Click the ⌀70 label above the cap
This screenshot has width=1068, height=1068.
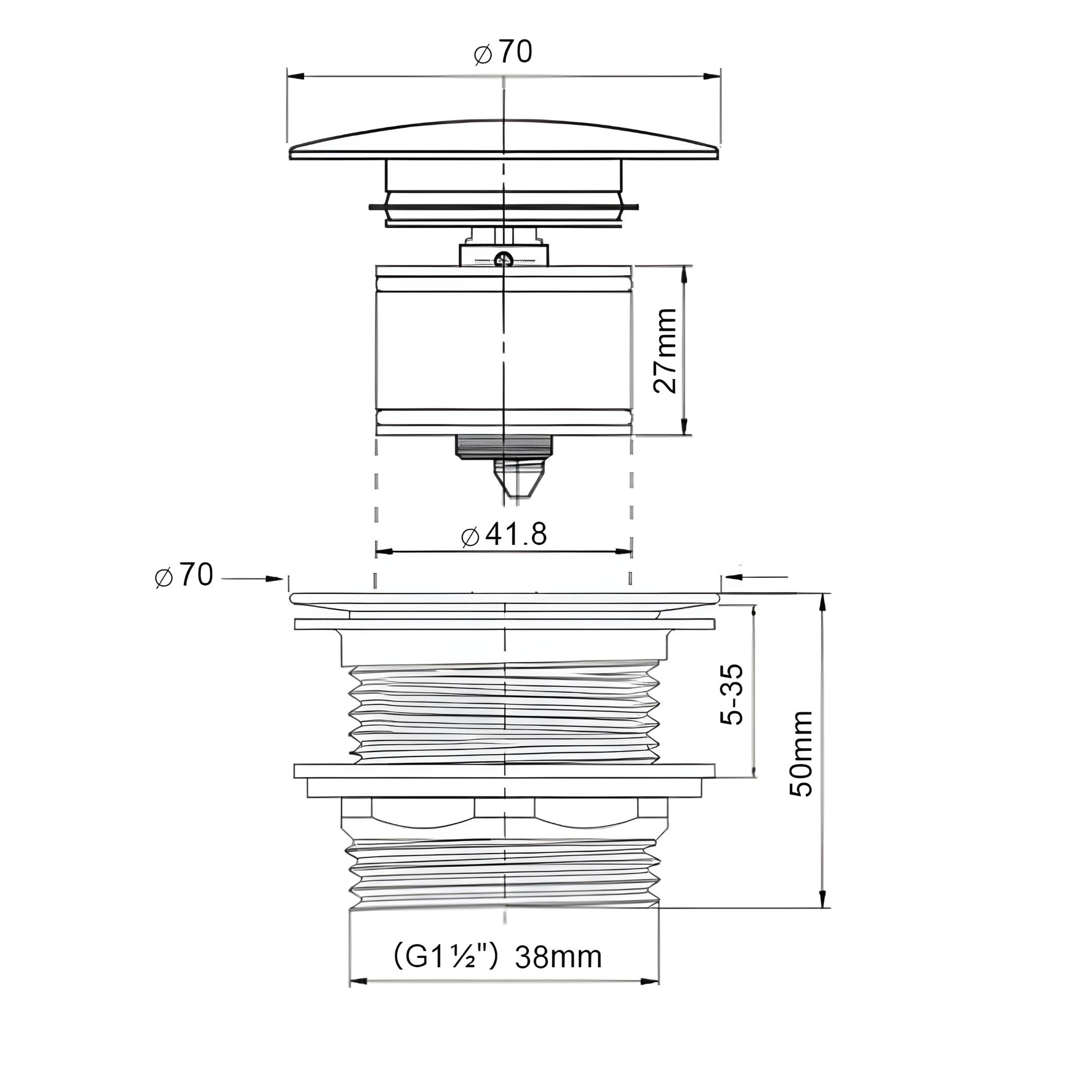[503, 53]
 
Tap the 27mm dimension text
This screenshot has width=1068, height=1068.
[665, 350]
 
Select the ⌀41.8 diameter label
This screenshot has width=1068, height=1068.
[504, 535]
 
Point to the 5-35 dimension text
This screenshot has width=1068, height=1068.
[731, 694]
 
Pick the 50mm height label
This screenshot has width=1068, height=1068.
[800, 754]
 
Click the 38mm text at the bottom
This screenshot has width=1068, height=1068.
[559, 957]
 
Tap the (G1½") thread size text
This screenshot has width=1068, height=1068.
[447, 957]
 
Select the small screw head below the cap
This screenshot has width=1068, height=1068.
[504, 258]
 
